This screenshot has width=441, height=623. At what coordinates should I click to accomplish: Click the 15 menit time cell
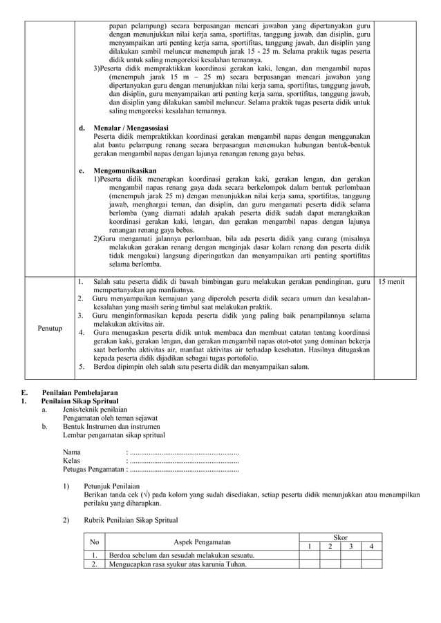point(391,282)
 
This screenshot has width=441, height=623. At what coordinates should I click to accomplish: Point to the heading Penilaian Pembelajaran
point(79,392)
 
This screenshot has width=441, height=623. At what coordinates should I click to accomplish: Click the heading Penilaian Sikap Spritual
point(79,401)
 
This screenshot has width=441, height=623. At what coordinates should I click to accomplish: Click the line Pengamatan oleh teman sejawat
point(110,418)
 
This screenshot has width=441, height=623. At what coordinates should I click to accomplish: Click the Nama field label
point(72,452)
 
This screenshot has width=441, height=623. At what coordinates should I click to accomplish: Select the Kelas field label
point(72,460)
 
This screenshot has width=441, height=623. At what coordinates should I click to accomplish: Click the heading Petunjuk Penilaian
point(113,486)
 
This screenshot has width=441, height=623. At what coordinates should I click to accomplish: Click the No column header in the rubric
point(95,542)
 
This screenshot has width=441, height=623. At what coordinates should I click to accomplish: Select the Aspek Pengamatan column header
point(202,542)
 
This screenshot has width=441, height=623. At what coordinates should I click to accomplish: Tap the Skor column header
point(341,537)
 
